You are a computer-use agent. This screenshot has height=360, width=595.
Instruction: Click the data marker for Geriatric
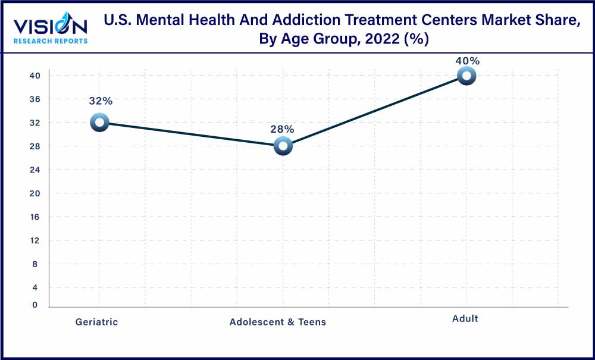click(x=99, y=123)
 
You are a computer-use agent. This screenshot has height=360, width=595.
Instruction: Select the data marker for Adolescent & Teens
click(x=283, y=146)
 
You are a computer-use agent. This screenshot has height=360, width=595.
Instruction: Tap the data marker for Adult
click(x=466, y=76)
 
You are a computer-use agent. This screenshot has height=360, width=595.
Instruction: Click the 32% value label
click(x=99, y=101)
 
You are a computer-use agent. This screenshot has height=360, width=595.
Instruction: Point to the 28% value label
click(x=282, y=129)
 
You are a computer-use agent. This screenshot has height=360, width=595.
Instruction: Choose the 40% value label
click(x=467, y=61)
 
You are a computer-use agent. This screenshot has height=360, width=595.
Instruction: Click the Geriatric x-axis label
click(x=96, y=322)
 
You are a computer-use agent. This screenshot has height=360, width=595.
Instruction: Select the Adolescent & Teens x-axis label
click(x=278, y=322)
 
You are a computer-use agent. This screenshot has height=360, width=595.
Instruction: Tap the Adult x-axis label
click(x=465, y=318)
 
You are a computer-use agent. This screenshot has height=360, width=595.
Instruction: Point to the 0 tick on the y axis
click(x=35, y=305)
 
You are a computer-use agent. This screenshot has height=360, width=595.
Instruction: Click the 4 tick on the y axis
click(x=35, y=287)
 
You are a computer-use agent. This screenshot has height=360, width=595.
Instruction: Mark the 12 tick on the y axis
click(x=35, y=240)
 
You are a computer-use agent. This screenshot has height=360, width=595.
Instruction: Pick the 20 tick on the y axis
click(x=35, y=193)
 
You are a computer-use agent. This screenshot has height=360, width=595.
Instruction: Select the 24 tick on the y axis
click(x=35, y=170)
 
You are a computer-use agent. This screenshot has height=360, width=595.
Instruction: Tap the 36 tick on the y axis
click(x=35, y=99)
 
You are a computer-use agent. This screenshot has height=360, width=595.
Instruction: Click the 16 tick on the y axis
click(x=35, y=217)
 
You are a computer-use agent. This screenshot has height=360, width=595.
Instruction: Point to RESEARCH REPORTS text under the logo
click(x=51, y=41)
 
